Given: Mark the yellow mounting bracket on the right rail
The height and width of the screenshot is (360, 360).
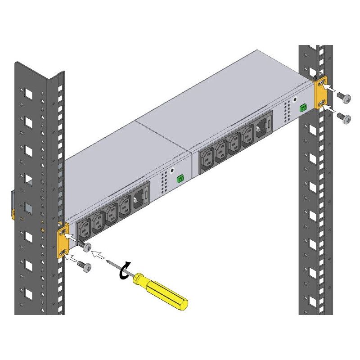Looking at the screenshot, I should (321, 96).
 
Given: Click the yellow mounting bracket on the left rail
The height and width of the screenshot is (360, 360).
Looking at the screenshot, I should (63, 240).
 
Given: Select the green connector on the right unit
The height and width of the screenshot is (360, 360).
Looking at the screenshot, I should (303, 108).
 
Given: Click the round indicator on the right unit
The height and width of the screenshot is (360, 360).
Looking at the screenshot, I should (295, 100).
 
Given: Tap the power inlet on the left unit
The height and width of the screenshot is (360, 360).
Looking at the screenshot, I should (141, 197).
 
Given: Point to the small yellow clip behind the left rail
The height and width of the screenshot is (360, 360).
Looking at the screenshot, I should (13, 211).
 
